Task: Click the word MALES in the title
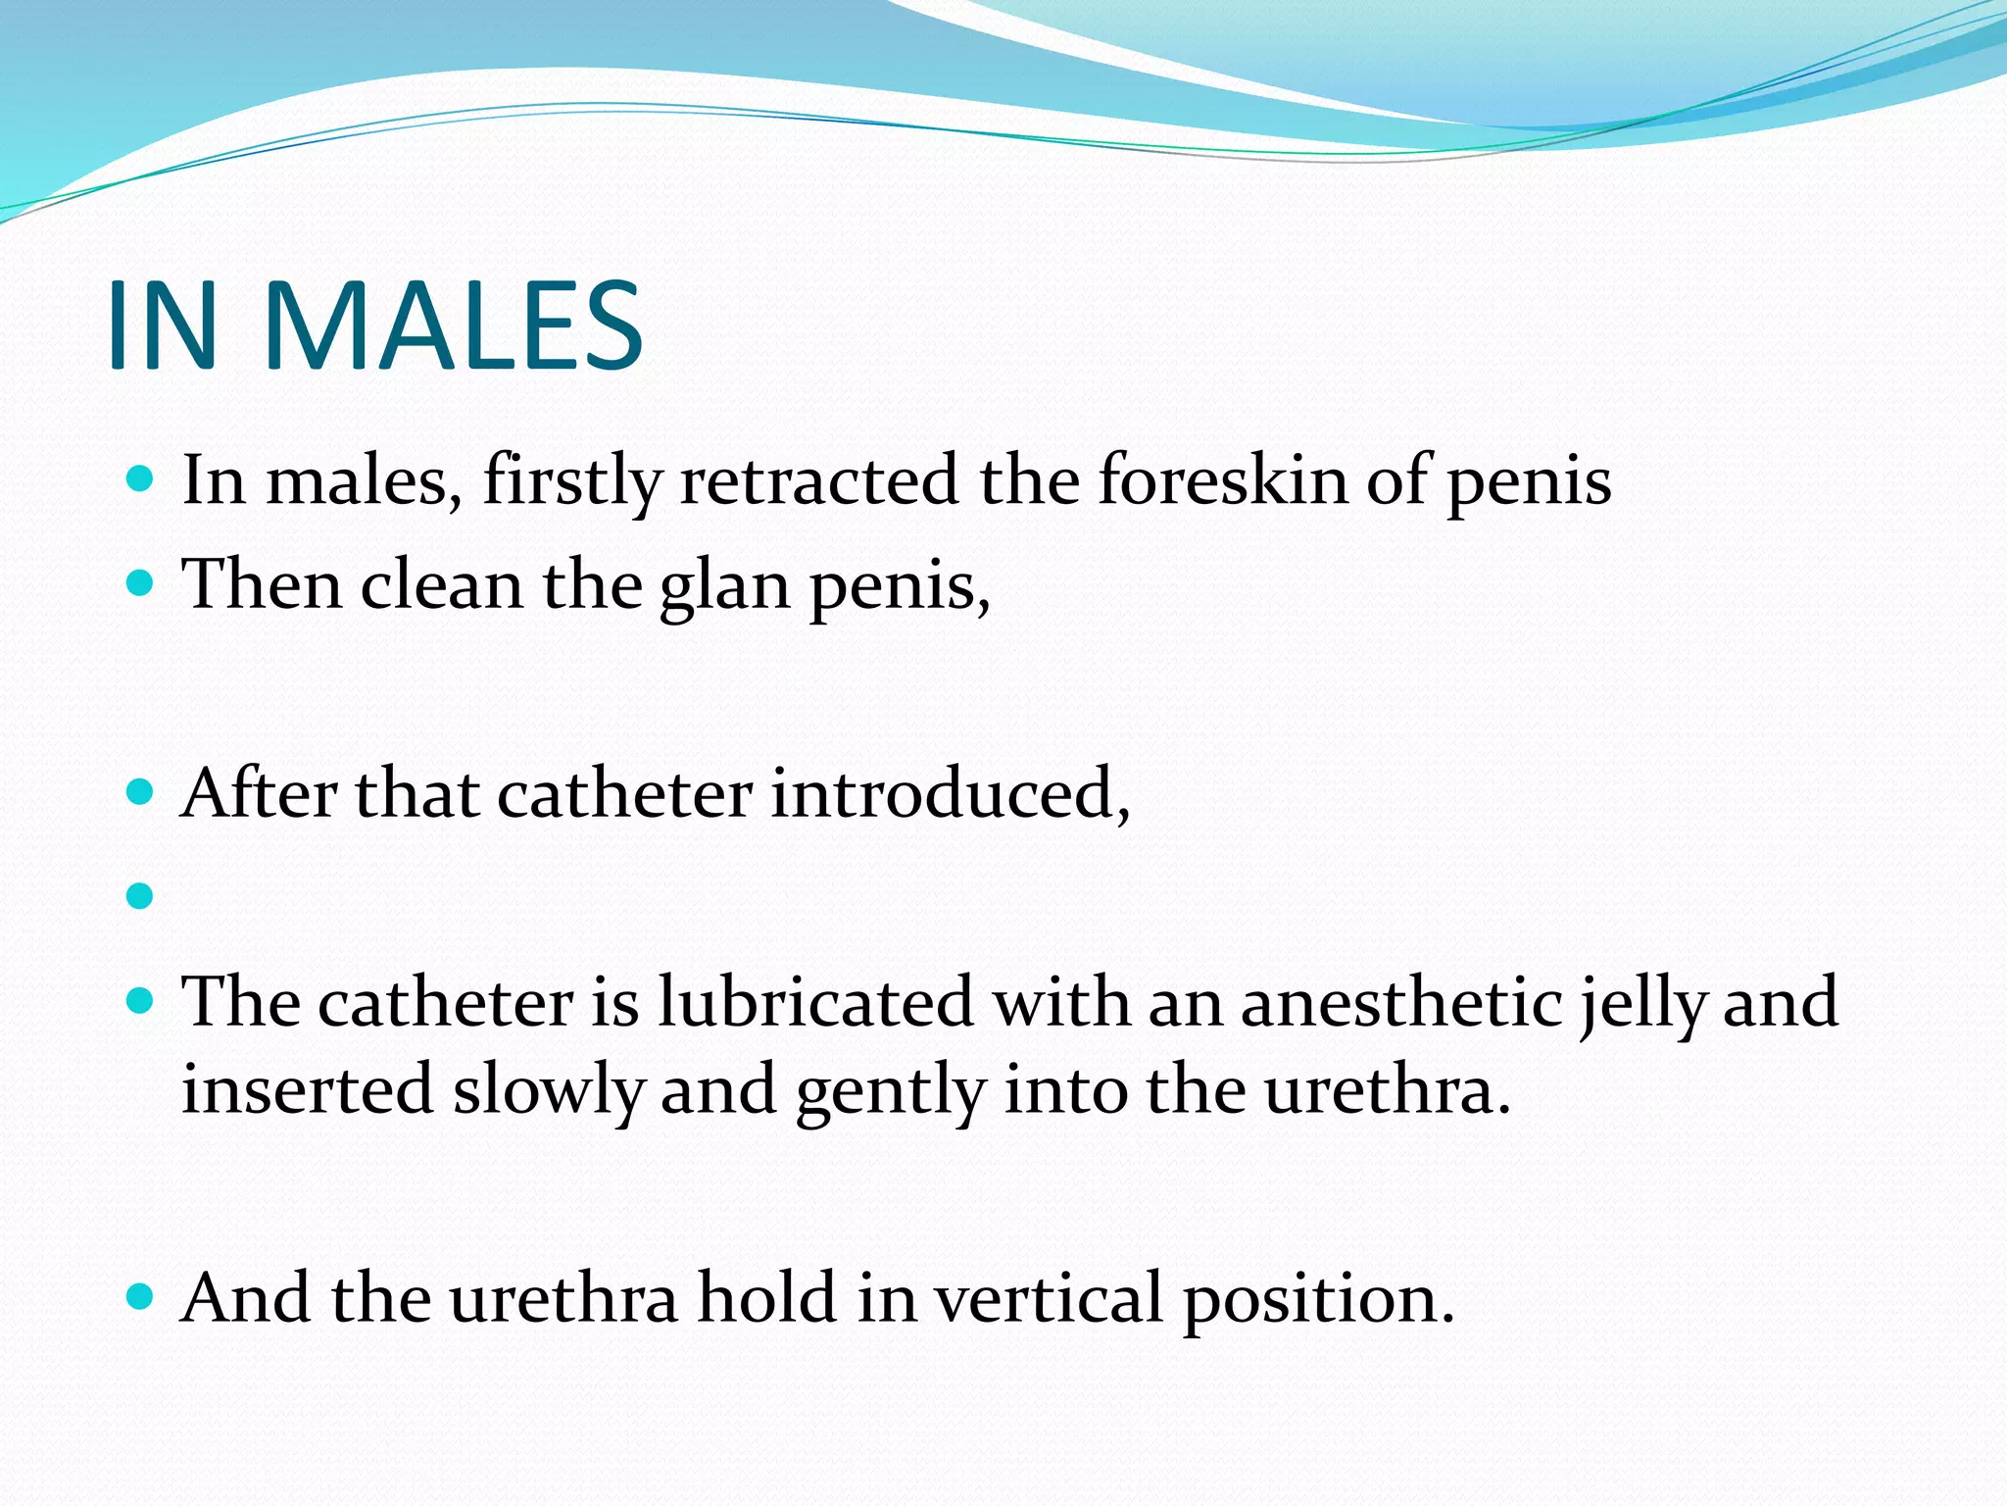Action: tap(453, 326)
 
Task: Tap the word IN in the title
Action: tap(162, 326)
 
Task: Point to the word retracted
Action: tap(819, 481)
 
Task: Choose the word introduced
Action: tap(950, 793)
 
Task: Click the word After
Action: tap(260, 793)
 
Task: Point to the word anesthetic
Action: tap(1401, 1002)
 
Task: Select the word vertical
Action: tap(1048, 1298)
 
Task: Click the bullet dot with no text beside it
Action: tap(141, 895)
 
